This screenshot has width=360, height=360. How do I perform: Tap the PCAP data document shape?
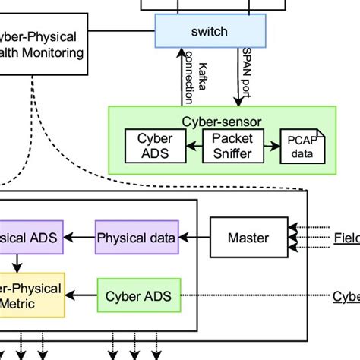click(x=302, y=147)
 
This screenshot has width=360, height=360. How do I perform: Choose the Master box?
click(x=248, y=238)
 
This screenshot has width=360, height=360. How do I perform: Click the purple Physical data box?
click(x=136, y=238)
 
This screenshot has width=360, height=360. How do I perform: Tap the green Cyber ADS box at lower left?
click(x=138, y=294)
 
